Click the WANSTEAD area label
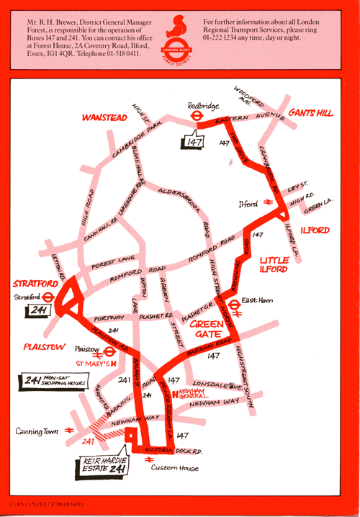(x=104, y=117)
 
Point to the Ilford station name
(x=248, y=204)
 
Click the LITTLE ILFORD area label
(x=274, y=264)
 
